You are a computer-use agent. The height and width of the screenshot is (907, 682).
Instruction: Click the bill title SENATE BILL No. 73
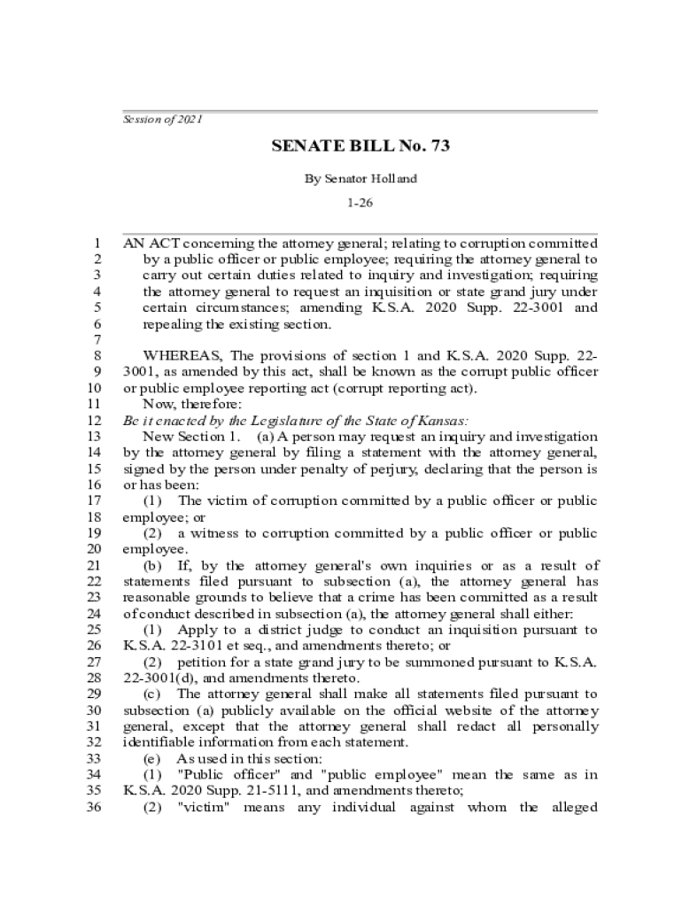(x=360, y=146)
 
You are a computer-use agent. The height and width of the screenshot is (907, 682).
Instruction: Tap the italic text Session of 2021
(x=162, y=120)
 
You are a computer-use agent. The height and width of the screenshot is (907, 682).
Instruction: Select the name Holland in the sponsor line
(x=394, y=178)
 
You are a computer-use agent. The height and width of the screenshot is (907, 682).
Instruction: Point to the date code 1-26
(x=360, y=203)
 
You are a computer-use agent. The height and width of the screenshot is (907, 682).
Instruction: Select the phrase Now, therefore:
(x=180, y=404)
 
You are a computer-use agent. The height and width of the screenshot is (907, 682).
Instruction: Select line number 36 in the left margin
(x=92, y=807)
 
